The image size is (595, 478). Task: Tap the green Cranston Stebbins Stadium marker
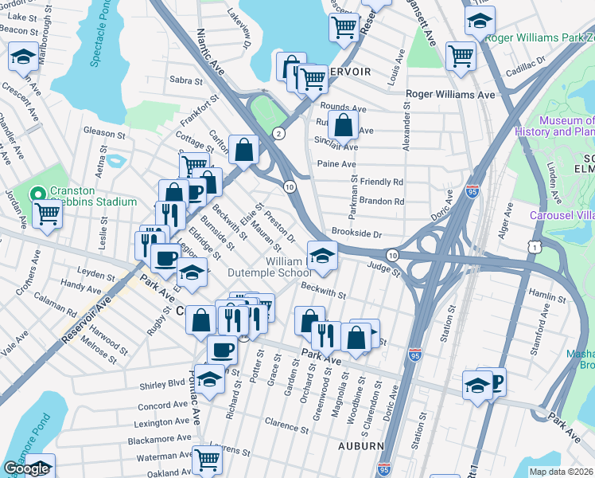37,194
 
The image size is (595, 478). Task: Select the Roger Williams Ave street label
450,94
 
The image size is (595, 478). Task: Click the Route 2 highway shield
278,133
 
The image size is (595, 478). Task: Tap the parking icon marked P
494,381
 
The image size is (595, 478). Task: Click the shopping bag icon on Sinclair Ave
342,125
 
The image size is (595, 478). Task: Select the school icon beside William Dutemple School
323,255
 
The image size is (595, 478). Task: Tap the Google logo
26,468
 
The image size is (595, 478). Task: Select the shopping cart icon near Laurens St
206,458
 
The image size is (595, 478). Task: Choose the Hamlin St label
558,296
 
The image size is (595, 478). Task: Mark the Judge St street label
384,268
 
